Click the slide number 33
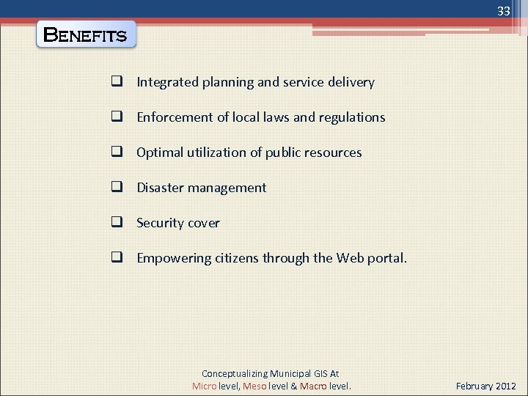(503, 12)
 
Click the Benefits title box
(86, 34)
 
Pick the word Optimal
(159, 153)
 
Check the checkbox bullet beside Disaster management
(116, 188)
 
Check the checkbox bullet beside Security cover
(116, 223)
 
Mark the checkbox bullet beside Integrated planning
(116, 82)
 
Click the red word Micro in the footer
(205, 386)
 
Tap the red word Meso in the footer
(254, 386)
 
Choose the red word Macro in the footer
(314, 386)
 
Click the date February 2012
(485, 386)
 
